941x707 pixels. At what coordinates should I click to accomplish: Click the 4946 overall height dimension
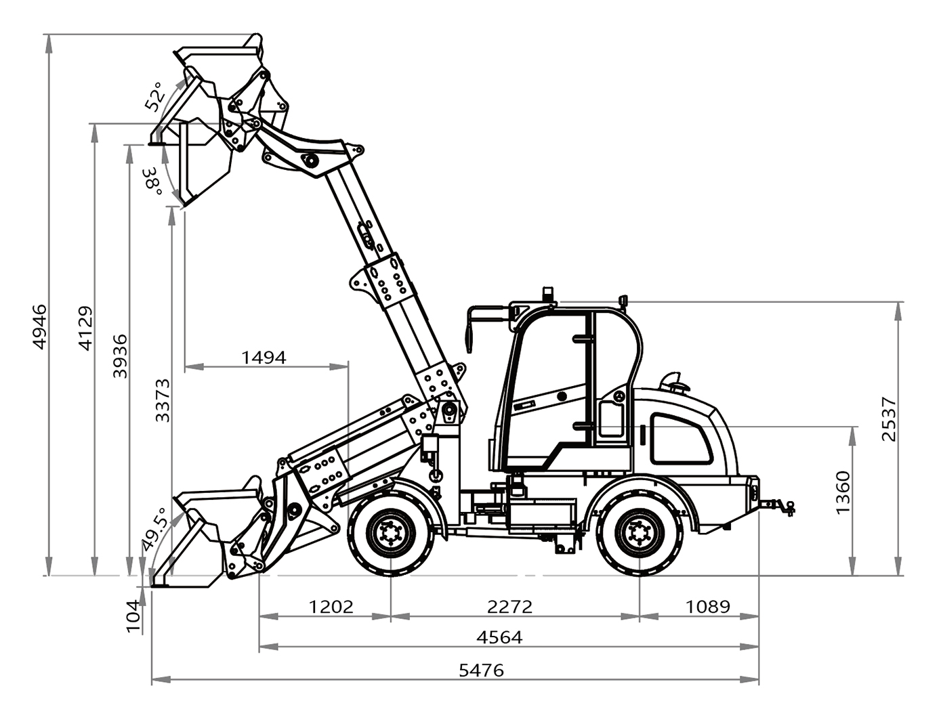click(x=39, y=327)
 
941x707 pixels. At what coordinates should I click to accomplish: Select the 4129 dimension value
click(x=85, y=328)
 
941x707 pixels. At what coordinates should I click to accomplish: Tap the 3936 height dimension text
click(x=120, y=356)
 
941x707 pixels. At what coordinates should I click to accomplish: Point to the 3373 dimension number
click(x=163, y=401)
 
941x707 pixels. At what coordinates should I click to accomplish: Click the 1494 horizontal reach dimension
click(x=264, y=357)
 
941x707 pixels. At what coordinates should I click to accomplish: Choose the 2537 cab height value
click(x=889, y=419)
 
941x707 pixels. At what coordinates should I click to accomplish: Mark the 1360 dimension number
click(x=843, y=492)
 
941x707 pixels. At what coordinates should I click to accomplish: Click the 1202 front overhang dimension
click(x=331, y=607)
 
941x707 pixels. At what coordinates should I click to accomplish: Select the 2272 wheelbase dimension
click(x=509, y=607)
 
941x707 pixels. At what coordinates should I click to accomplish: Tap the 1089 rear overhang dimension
click(x=708, y=607)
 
